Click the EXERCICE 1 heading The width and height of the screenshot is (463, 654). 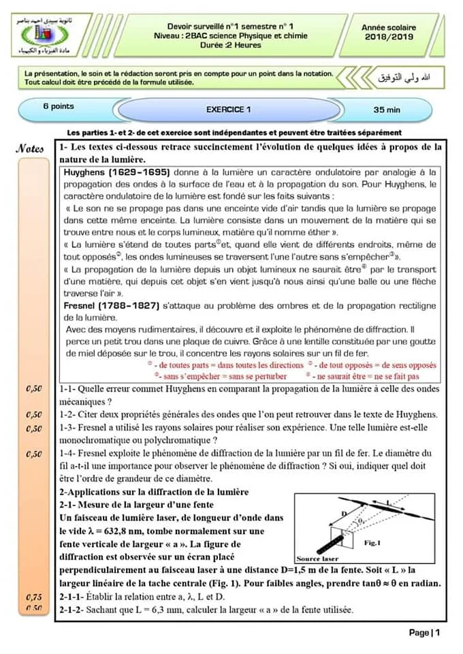tap(229, 109)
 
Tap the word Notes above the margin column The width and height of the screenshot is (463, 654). tap(31, 149)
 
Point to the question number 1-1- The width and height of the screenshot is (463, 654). tap(68, 389)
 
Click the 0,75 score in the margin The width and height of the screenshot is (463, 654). tap(33, 597)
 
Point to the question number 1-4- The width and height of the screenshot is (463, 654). tap(68, 453)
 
